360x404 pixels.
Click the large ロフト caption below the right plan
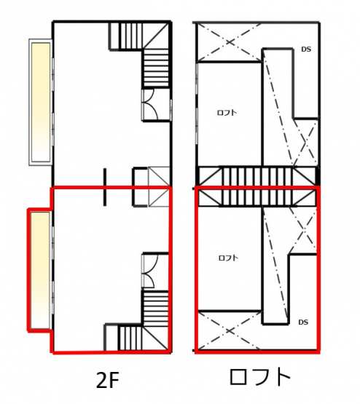click(260, 376)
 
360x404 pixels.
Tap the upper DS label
click(306, 49)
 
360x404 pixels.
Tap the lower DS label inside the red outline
click(303, 322)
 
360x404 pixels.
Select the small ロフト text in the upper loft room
click(227, 113)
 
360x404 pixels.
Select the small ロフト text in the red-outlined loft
click(228, 258)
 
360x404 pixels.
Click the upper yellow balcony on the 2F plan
click(41, 103)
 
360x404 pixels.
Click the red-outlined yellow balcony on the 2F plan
click(40, 270)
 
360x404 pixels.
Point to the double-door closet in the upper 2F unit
click(156, 104)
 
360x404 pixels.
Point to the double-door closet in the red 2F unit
click(155, 272)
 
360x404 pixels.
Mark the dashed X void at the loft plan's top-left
click(229, 42)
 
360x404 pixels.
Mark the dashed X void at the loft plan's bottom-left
click(229, 330)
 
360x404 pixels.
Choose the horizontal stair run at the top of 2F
click(126, 36)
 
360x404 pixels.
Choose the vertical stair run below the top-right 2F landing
click(156, 68)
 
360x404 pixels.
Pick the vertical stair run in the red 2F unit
click(155, 309)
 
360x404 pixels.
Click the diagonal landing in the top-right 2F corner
click(156, 36)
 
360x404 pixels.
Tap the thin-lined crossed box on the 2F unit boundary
click(159, 186)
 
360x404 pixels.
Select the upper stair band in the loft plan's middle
click(258, 176)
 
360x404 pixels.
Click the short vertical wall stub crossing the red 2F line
click(105, 187)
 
